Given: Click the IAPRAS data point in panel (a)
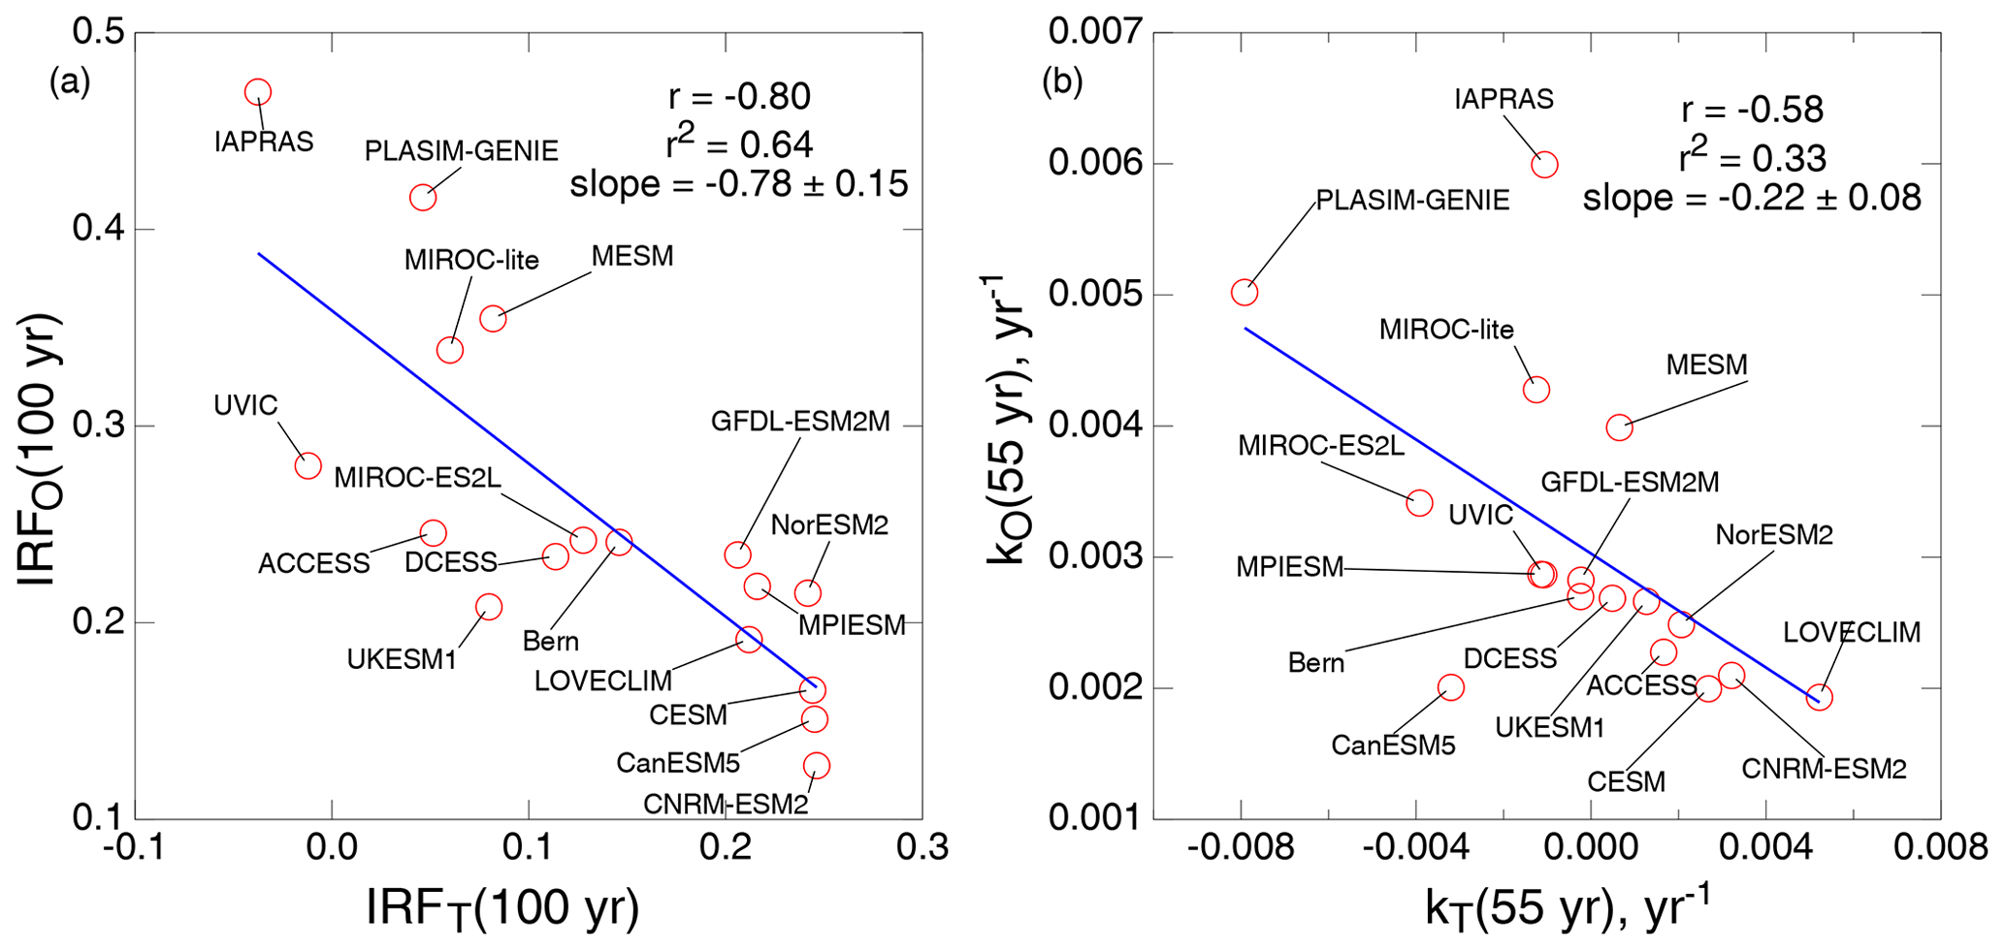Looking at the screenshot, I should pos(257,93).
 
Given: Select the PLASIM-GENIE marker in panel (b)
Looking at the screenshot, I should pos(1245,293).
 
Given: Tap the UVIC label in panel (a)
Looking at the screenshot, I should pos(245,405).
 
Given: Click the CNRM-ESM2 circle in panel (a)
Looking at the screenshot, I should pos(817,766).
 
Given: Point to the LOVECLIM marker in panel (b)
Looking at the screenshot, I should pos(1820,697).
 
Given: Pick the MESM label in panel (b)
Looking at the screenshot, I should pos(1706,365).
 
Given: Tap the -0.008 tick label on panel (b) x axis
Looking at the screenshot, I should pos(1240,848).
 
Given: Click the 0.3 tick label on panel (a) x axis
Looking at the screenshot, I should pos(922,848).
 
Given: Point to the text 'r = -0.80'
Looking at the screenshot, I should pos(739,97).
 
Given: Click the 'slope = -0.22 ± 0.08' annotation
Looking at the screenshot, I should pos(1752,198).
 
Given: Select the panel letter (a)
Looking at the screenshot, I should pos(70,82).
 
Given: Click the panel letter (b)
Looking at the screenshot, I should pos(1062,82).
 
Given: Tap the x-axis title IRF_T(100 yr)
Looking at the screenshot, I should pos(502,908).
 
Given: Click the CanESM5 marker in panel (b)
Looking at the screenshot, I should pos(1450,688).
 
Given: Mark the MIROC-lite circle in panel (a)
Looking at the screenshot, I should pos(450,350).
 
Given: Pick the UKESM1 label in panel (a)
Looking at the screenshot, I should pos(402,660).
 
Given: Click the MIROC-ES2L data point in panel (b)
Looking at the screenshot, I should pos(1419,503).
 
